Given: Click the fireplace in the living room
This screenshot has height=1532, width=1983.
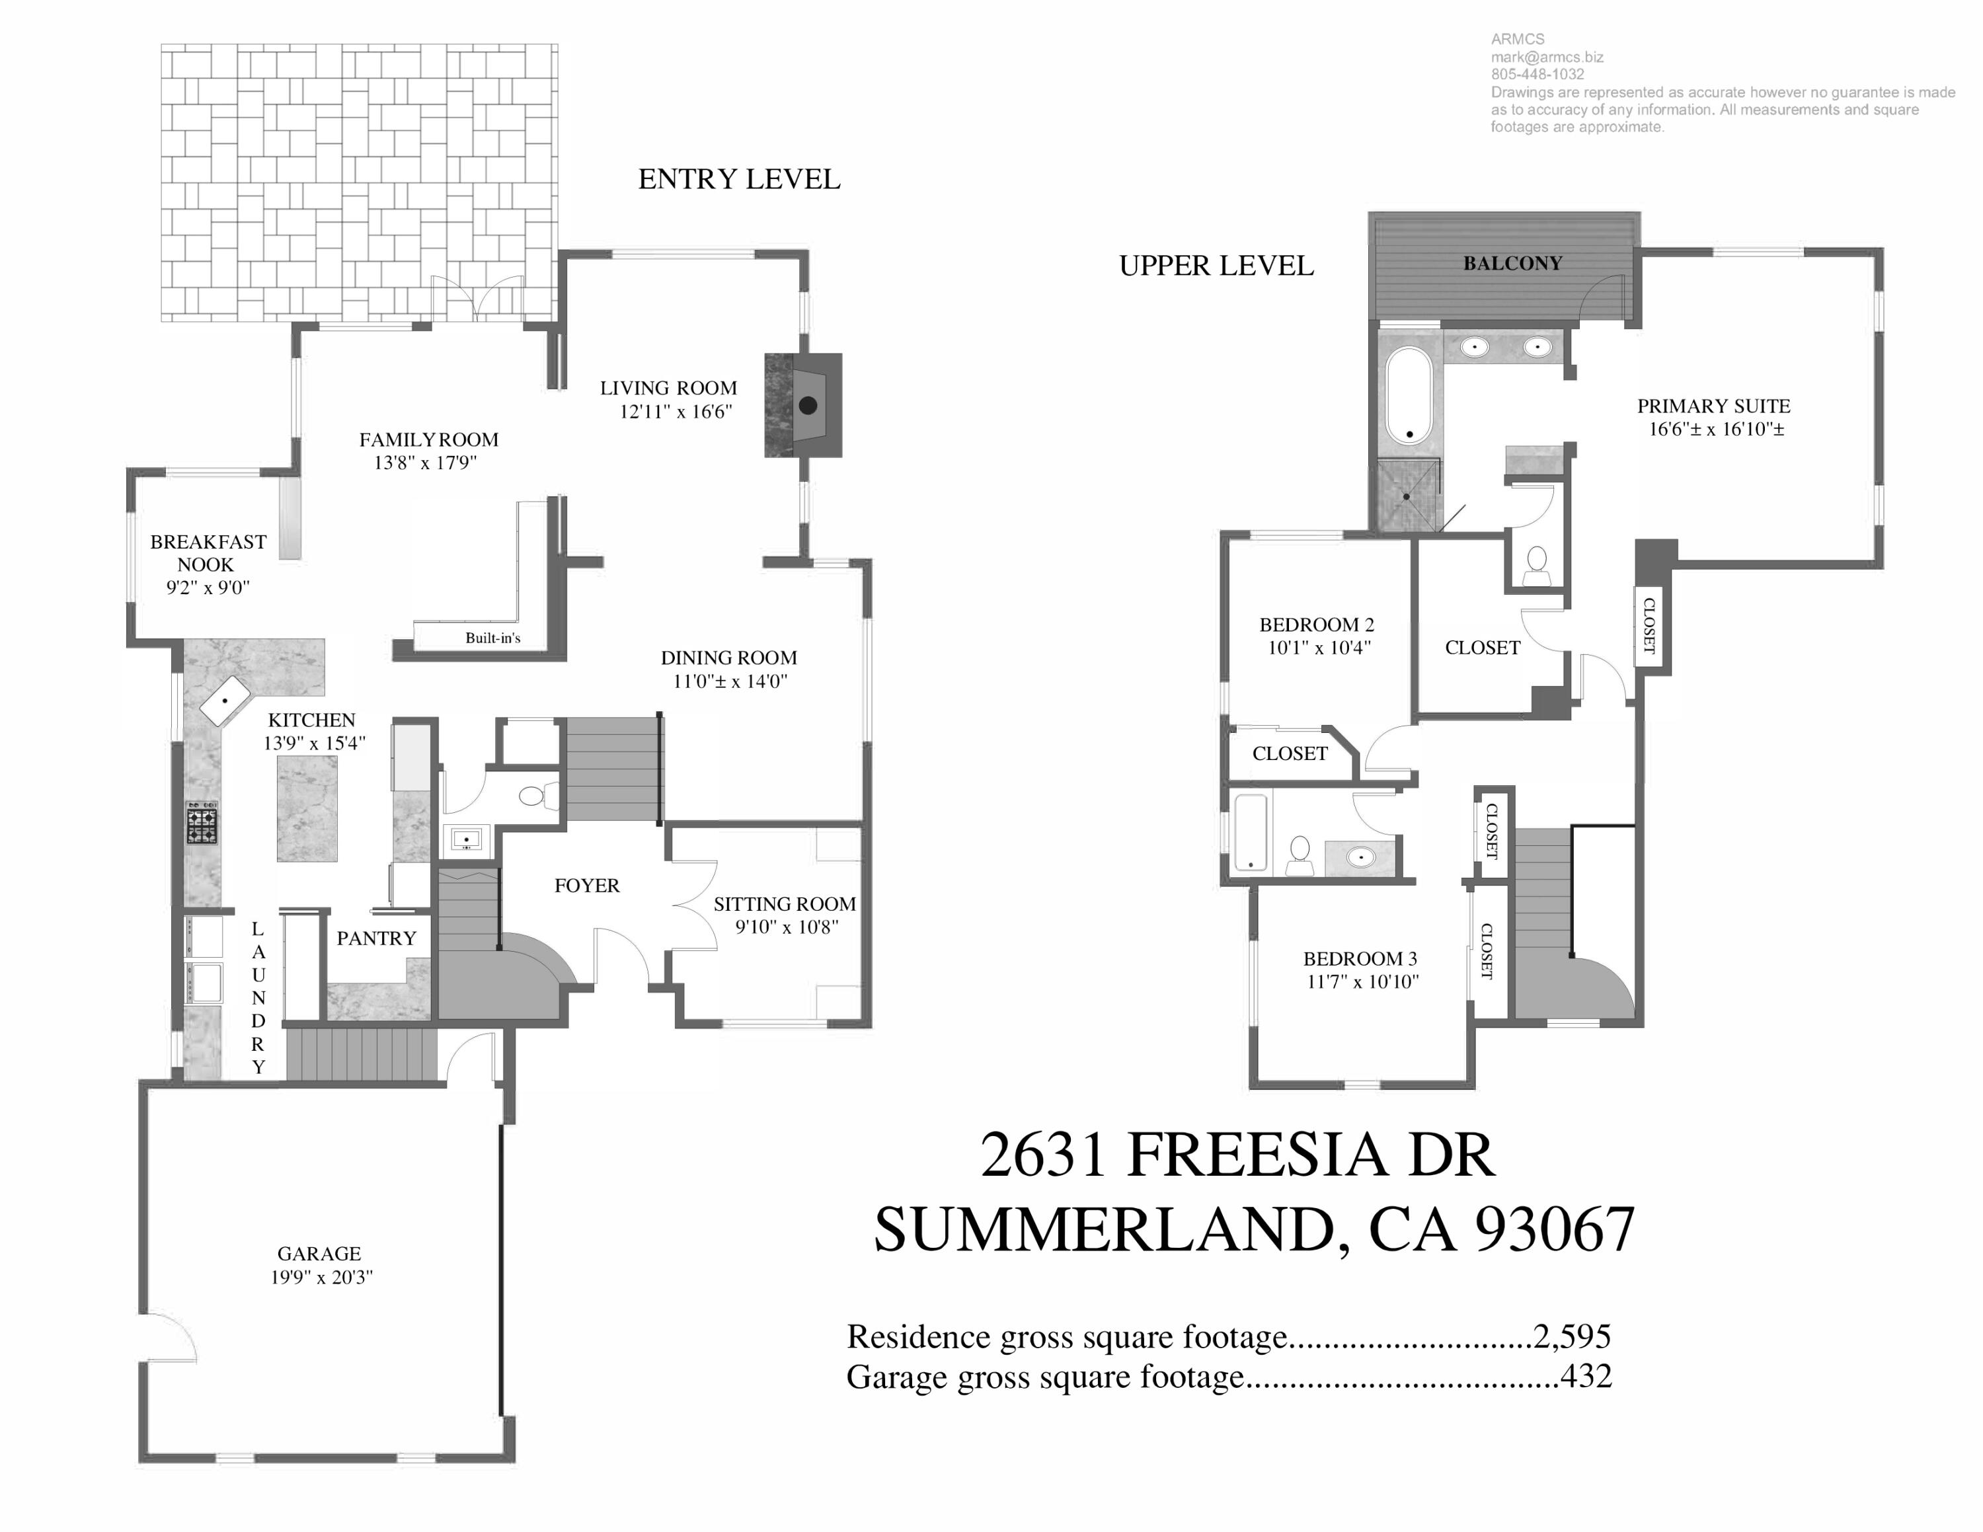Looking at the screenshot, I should (804, 406).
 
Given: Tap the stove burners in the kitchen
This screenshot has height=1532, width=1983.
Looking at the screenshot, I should (202, 823).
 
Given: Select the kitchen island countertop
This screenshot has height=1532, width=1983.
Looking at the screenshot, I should (307, 810).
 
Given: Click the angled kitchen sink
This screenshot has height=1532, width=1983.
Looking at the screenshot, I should (224, 700).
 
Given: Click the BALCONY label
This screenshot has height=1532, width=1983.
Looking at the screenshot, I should (1512, 263).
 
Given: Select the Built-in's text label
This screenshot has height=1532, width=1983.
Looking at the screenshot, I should (493, 638).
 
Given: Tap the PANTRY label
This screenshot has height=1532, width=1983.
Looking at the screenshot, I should (376, 938).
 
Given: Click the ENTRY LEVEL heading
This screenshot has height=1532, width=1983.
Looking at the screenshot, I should (739, 180).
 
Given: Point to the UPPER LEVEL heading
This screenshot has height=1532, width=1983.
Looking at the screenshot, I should (1216, 266).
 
